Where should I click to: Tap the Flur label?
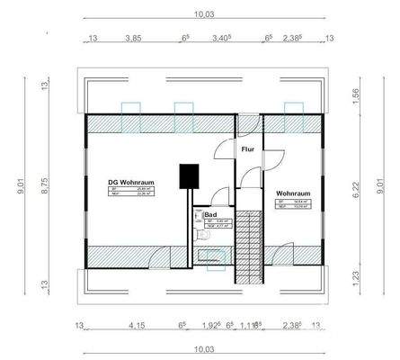pos(247,149)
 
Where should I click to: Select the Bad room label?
pos(210,215)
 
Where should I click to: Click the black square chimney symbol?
pos(189,176)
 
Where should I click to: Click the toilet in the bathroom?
pos(204,235)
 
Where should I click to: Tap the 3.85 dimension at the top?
pos(133,39)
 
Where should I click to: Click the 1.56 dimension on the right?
pos(357,95)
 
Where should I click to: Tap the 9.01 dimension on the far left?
pos(20,185)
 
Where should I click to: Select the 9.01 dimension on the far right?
pos(381,185)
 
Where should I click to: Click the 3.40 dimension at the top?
pos(221,39)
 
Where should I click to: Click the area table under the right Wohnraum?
pos(294,207)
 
